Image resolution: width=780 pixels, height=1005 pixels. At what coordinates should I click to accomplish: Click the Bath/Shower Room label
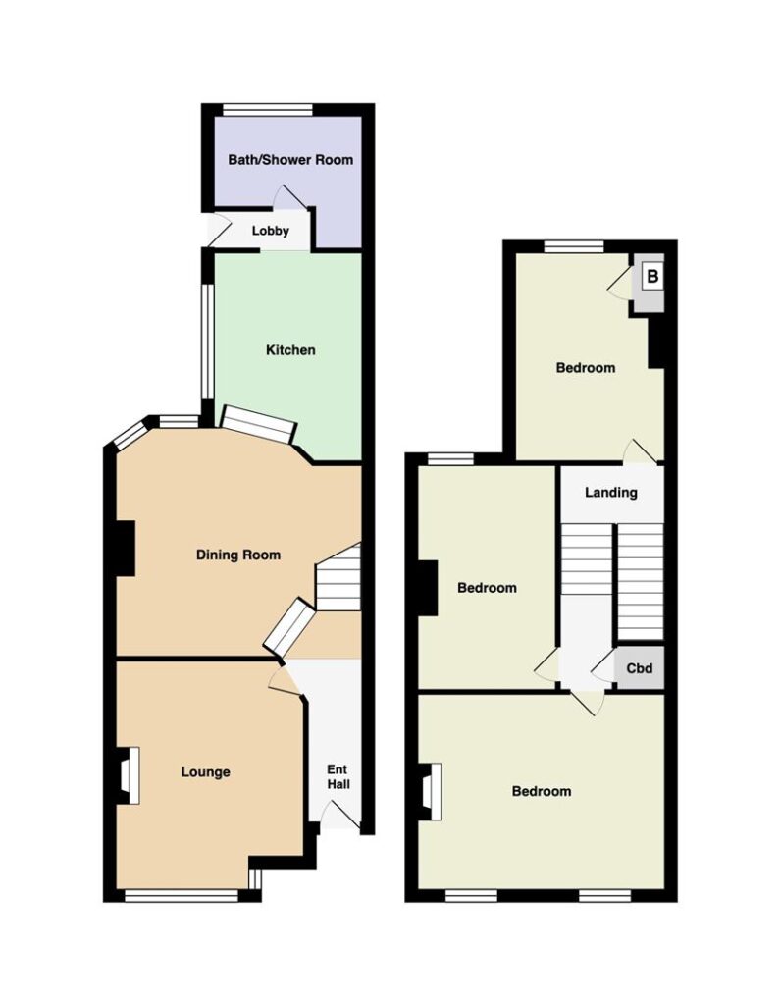tap(290, 160)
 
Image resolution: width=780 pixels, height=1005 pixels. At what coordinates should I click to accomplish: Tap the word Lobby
tap(271, 231)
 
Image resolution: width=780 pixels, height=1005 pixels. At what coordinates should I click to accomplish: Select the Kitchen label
tap(290, 350)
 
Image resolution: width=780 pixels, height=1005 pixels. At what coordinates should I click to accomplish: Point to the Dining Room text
tap(238, 555)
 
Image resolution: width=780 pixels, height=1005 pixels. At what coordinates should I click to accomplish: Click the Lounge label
tap(205, 772)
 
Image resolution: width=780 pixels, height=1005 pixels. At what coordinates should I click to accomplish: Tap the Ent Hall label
tap(338, 777)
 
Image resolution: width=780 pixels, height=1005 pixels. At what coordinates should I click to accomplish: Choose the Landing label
tap(611, 493)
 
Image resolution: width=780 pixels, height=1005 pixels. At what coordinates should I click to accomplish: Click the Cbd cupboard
tap(639, 668)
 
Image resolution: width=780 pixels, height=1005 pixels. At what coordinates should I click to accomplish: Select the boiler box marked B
tap(651, 277)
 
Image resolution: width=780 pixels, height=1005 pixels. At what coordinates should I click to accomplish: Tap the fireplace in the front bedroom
tap(430, 792)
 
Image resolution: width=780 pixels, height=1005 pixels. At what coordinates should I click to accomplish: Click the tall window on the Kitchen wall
tap(207, 343)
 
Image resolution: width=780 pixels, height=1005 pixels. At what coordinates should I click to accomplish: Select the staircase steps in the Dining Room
tap(339, 577)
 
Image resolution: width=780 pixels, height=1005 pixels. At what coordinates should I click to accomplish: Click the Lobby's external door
tap(217, 231)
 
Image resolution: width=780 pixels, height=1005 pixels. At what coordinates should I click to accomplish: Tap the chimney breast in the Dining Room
tap(125, 548)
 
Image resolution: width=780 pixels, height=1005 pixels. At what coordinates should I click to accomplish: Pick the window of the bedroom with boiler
tap(574, 246)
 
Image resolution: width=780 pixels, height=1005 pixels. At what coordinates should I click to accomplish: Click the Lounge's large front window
tap(182, 895)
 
